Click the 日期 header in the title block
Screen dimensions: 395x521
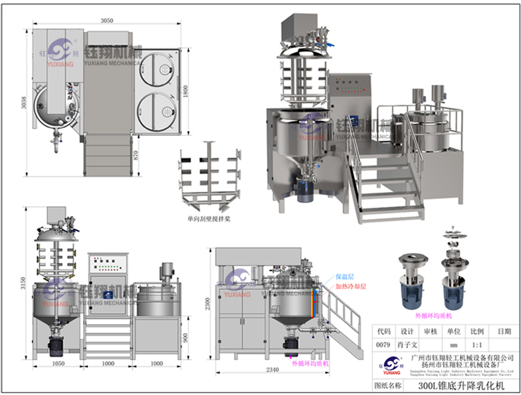tap(503, 332)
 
